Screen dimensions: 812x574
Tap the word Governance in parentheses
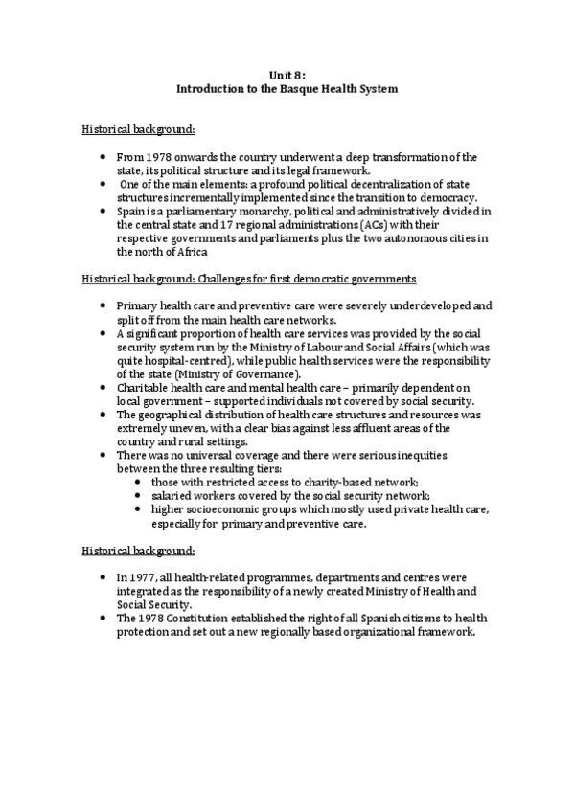pos(262,373)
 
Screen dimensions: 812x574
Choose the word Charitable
pos(144,387)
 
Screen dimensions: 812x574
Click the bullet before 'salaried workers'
pos(140,496)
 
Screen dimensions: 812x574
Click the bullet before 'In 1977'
pos(103,579)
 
